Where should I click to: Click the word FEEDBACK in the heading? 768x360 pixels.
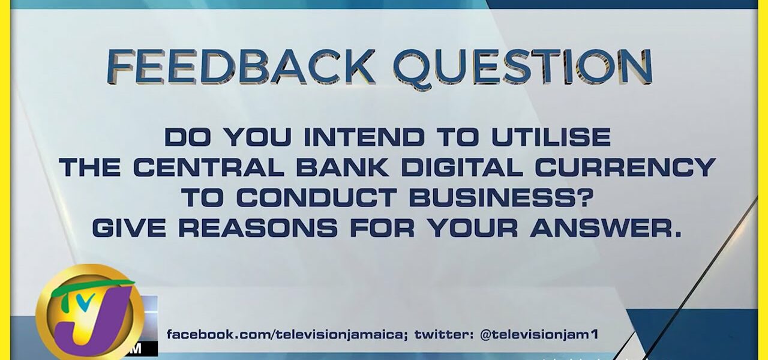[x=239, y=67]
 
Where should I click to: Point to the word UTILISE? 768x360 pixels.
[x=551, y=137]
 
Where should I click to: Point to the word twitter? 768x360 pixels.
[x=445, y=334]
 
